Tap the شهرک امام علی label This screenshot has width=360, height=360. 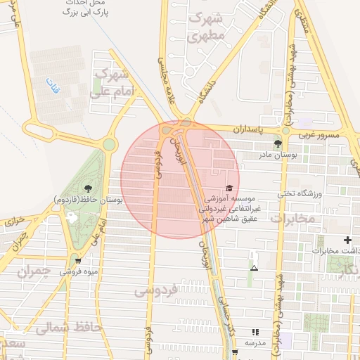point(111,82)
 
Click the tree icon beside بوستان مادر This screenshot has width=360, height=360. point(278,143)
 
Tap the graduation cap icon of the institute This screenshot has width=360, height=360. point(229,188)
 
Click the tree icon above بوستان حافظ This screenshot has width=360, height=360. point(87,188)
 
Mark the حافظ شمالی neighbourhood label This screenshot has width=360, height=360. point(69,327)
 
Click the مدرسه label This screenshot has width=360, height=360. point(255,342)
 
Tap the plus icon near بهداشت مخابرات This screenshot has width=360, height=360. point(347,240)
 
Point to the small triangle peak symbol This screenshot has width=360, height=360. point(254,268)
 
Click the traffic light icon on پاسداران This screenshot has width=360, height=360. point(285,131)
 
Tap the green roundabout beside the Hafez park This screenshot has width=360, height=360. point(109,145)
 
